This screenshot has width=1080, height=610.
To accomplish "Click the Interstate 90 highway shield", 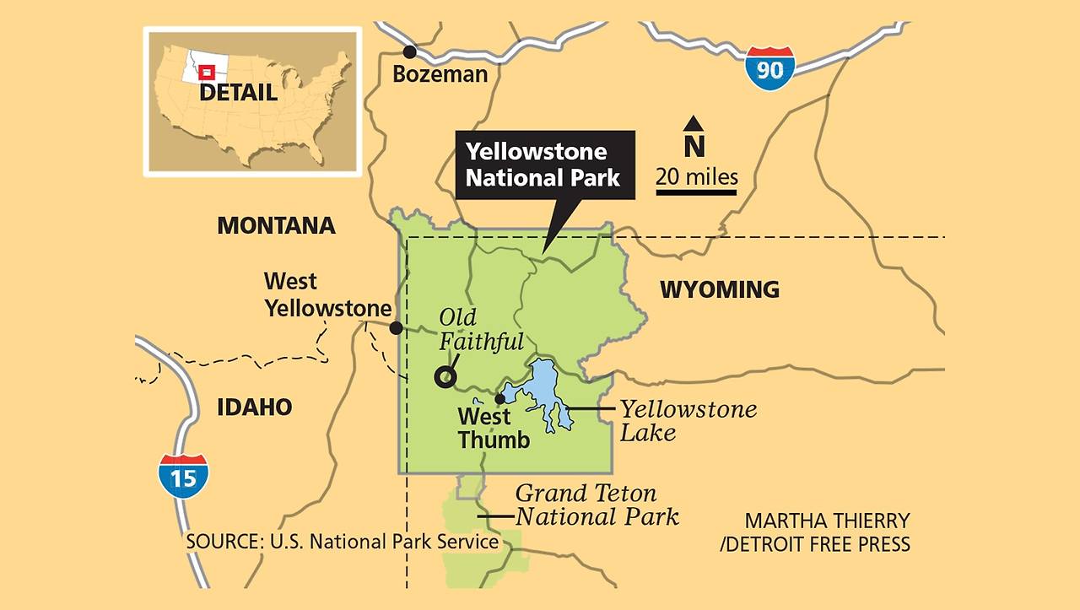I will (769, 68).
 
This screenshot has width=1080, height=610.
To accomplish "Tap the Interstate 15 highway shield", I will (183, 476).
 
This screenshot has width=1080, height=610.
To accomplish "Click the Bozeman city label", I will (440, 74).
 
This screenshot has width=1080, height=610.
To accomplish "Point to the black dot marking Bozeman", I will (410, 51).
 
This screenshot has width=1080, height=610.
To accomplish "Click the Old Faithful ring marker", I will (445, 377).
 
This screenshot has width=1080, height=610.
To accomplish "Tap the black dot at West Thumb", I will (499, 398).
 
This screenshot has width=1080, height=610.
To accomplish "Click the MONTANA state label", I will (276, 226).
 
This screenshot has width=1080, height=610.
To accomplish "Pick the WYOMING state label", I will (719, 290).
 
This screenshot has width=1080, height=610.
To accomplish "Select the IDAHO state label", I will (254, 408).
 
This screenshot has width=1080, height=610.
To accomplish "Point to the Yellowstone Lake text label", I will (688, 421).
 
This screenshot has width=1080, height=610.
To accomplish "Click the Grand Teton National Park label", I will (597, 504).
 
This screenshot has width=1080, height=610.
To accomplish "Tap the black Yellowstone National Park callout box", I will (544, 165).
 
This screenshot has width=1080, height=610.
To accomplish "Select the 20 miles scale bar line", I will (696, 192).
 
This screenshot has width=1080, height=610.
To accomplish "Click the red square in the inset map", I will (203, 73).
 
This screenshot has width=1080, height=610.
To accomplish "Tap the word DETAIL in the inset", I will (238, 93).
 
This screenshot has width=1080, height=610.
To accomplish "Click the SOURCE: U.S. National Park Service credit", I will (342, 541).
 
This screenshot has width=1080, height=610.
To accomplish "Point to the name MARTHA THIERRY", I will (827, 521).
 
